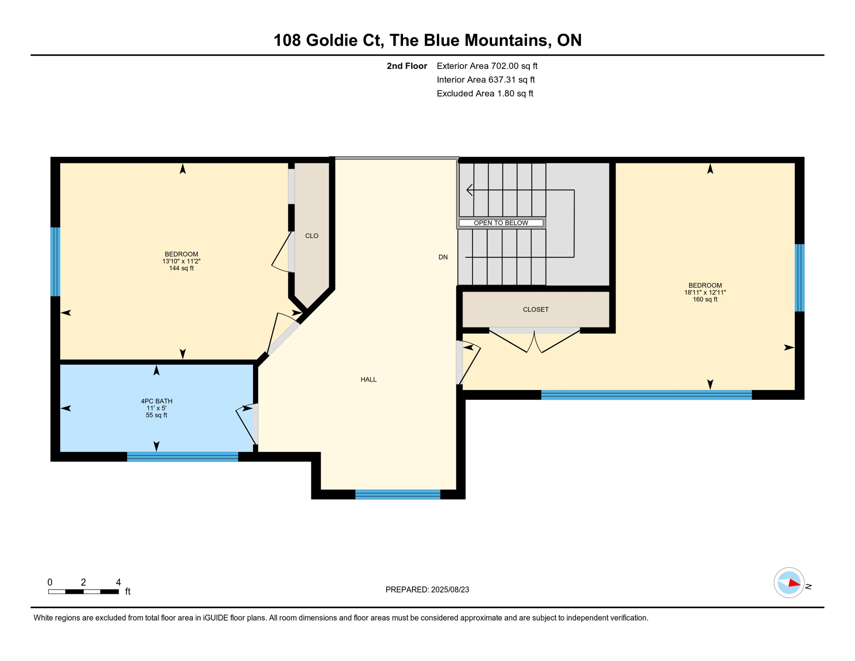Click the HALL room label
coord(369,380)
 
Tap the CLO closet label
coord(311,236)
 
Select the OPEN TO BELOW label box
coord(501,223)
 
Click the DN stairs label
coord(443,257)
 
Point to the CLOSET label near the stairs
coord(535,309)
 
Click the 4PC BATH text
coord(157,401)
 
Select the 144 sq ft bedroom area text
coord(181,269)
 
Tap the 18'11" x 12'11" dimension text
coord(705,293)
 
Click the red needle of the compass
coord(794,584)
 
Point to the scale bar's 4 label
coord(118,582)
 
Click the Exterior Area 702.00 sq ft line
coord(487,66)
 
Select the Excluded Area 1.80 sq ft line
coord(485,93)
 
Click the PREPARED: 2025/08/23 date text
coord(427,590)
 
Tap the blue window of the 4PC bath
coord(182,457)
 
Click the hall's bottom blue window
coord(397,494)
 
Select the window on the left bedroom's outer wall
coord(55,262)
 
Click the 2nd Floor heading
coord(406,66)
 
